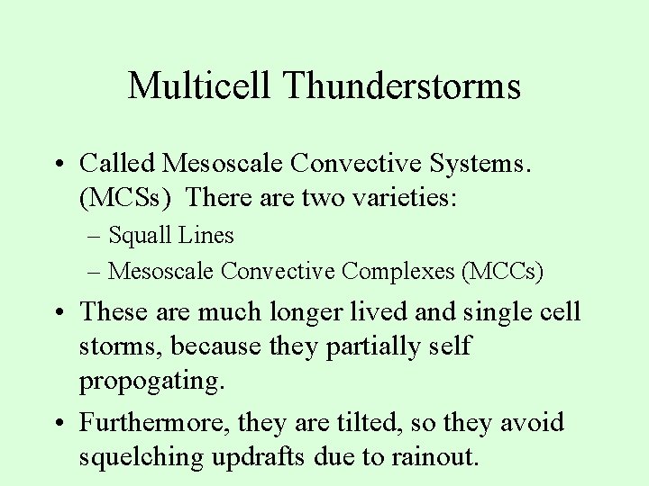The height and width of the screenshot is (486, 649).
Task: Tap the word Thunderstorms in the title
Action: click(401, 86)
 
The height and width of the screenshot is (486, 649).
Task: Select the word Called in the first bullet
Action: click(117, 163)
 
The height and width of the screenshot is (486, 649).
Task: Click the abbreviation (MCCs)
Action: click(501, 269)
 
